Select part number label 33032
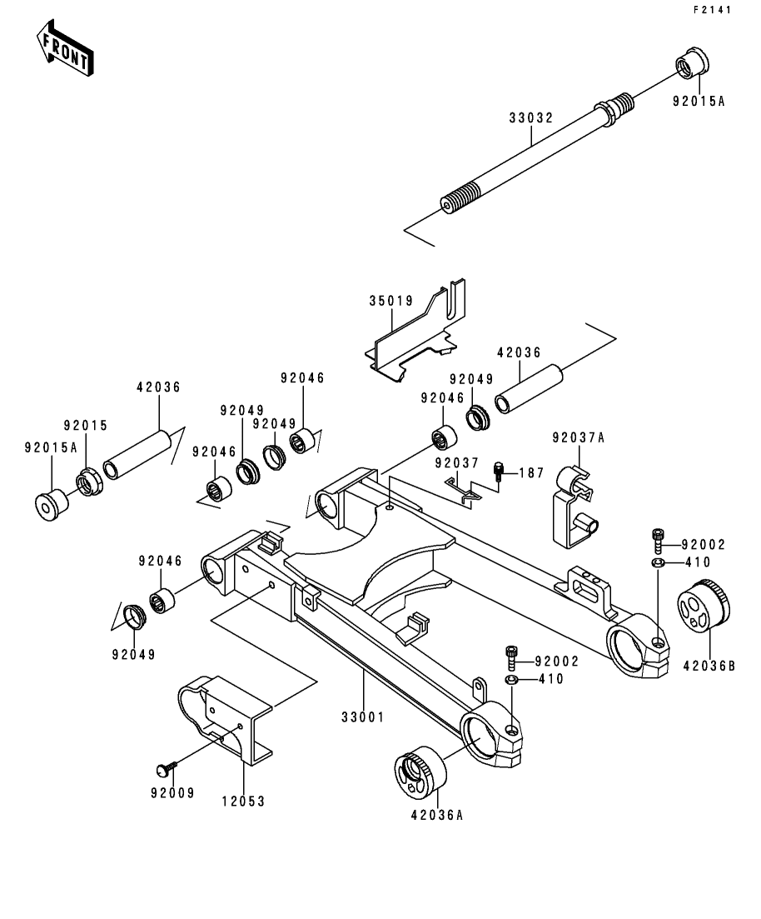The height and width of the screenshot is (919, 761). coord(530,118)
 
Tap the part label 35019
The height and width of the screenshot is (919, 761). coord(391,301)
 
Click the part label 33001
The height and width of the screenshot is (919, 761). coord(363,716)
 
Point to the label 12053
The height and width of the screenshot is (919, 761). coord(244,801)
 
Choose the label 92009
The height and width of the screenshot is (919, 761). coord(172,792)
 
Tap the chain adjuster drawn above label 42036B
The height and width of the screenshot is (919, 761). coord(704,607)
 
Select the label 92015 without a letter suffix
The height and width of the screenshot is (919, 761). coord(87,426)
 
